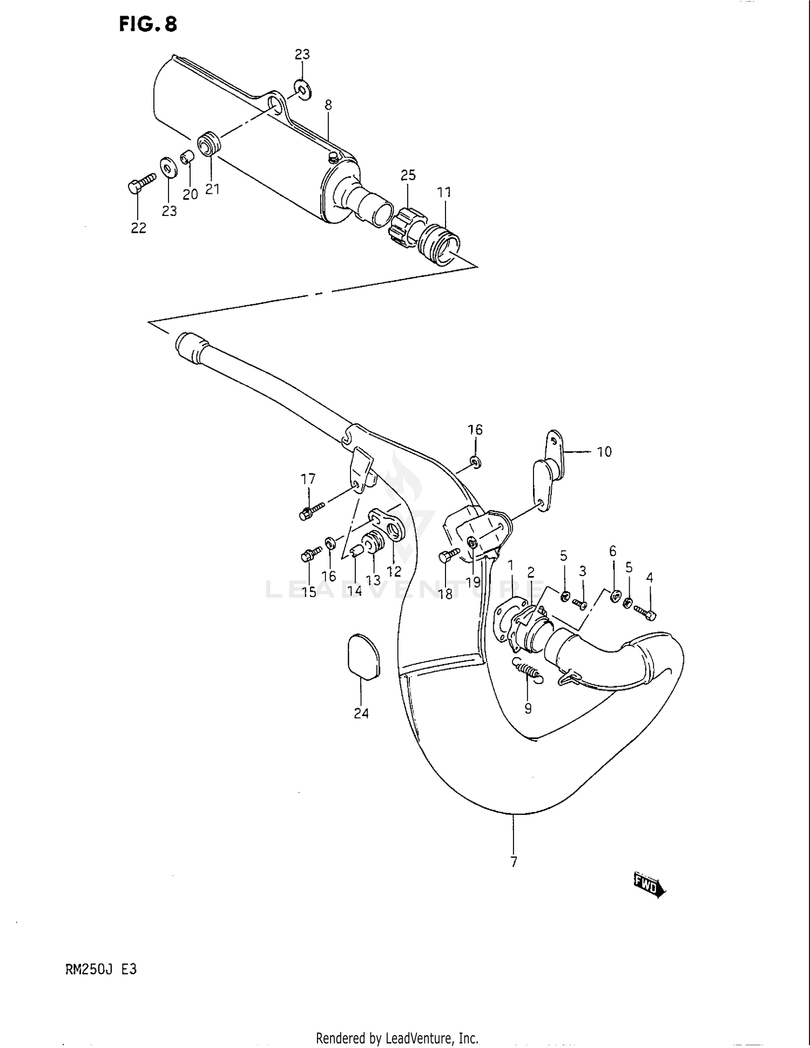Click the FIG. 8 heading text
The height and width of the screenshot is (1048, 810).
coord(147,24)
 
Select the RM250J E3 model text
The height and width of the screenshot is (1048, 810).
coord(101,969)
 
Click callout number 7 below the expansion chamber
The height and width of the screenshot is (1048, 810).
coord(514,862)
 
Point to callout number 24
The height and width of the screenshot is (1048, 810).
coord(361,713)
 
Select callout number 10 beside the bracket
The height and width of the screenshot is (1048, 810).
coord(604,451)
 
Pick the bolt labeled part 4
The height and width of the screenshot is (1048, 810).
coord(645,613)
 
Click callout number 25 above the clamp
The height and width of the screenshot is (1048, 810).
coord(408,175)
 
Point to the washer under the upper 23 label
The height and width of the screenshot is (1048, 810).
coord(303,90)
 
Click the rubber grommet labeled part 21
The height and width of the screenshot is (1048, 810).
coord(210,143)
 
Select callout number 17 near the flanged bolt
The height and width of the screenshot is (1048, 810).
coord(308,479)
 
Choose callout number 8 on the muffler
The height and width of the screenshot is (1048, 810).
coord(328,105)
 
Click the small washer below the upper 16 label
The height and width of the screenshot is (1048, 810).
coord(475,462)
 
